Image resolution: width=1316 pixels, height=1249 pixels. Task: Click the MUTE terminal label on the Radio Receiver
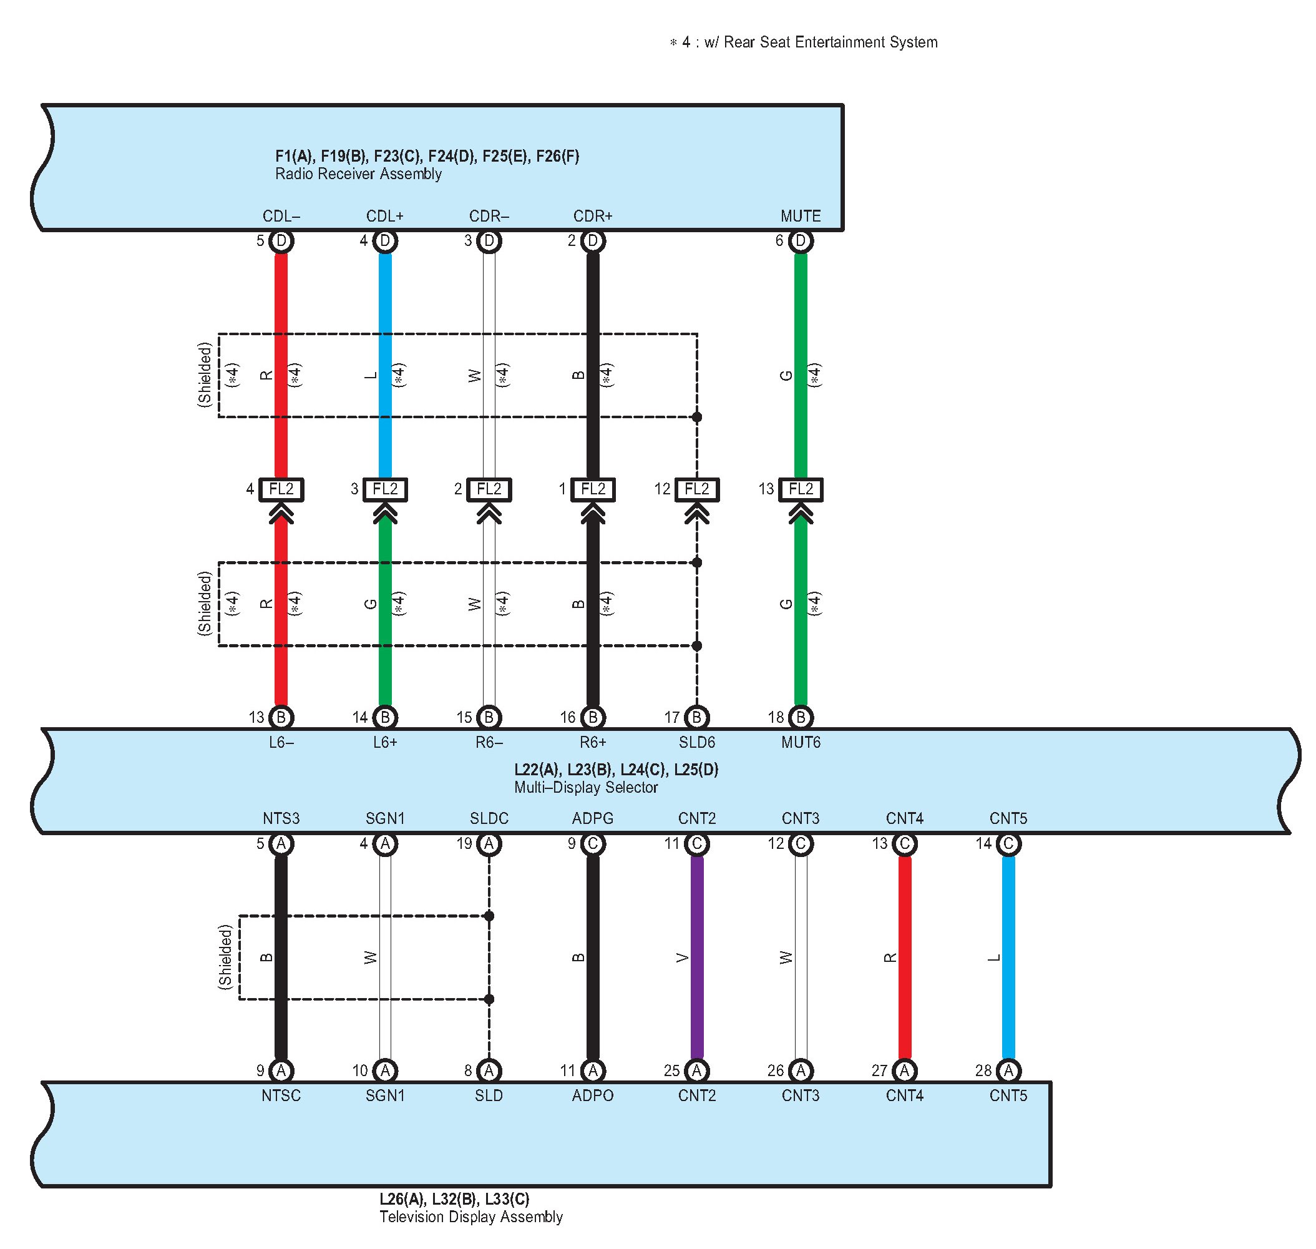coord(800,216)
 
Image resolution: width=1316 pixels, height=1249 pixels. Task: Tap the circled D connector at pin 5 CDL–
coord(281,240)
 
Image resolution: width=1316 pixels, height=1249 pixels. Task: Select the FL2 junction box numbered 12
coord(696,489)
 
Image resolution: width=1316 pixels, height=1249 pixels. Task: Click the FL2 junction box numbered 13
coord(800,489)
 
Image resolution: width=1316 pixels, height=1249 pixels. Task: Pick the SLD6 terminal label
coord(696,742)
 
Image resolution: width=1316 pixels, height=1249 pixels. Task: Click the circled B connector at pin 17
coord(696,717)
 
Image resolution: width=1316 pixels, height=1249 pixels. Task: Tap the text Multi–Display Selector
coord(586,787)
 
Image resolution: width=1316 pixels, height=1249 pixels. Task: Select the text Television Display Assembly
coord(470,1217)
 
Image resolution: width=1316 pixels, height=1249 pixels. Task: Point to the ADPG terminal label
coord(592,818)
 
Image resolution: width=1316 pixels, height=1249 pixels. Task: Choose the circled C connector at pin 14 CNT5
coord(1008,843)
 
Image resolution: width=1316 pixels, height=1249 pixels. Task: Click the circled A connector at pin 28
coord(1008,1070)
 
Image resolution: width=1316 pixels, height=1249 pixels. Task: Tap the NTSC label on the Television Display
coord(281,1095)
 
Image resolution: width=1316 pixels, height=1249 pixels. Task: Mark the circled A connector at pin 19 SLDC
coord(489,843)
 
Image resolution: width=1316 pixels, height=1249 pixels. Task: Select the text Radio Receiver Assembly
coord(358,174)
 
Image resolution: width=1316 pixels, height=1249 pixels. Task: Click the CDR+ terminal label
coord(592,216)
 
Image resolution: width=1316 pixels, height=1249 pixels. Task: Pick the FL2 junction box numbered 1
coord(592,489)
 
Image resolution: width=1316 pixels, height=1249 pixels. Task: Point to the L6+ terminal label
coord(385,742)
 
